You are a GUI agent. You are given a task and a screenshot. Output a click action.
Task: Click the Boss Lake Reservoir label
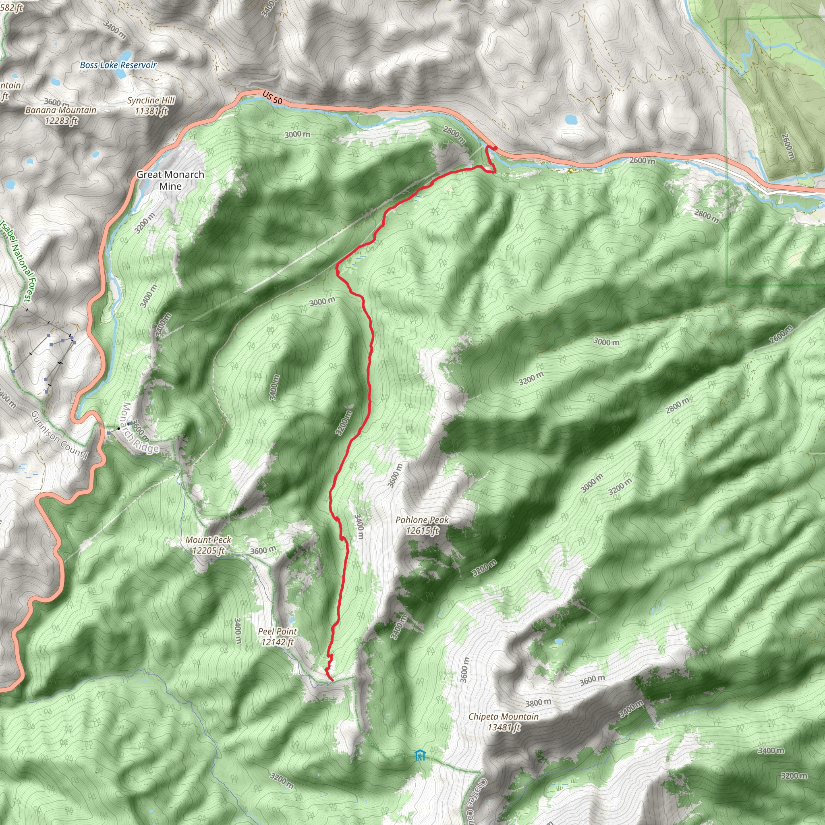[118, 65]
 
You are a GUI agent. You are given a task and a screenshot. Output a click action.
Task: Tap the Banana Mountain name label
[61, 110]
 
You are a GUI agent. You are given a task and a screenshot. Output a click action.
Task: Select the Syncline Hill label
[151, 100]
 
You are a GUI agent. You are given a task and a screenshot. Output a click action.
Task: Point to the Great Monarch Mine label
[170, 180]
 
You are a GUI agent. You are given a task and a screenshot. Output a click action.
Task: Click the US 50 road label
[272, 97]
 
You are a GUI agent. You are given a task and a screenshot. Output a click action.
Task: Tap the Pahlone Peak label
[422, 520]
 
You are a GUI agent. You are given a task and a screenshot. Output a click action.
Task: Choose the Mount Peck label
[208, 540]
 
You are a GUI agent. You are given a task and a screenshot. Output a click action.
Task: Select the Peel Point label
[278, 632]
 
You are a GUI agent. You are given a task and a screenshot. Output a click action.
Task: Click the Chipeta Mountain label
[504, 717]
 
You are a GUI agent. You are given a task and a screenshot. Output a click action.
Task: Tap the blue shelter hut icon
[420, 755]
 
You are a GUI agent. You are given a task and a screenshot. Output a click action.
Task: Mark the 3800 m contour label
[538, 703]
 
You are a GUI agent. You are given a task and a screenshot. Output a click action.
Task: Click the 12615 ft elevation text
[422, 531]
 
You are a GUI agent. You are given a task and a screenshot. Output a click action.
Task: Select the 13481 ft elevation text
[504, 727]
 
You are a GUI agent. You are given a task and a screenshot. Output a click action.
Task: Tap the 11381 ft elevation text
[151, 112]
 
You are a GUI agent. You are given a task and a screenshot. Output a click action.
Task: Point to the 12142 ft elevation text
[278, 642]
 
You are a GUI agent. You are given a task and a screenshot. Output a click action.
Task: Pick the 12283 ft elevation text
[61, 121]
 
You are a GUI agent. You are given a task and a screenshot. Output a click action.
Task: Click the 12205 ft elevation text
[208, 551]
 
